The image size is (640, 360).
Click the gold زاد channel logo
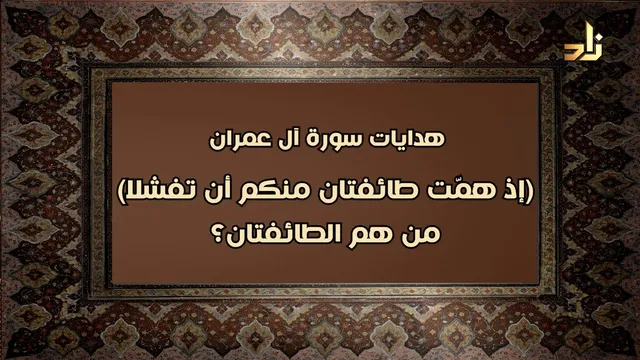[x=584, y=41]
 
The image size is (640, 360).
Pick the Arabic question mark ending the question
[x=219, y=234]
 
